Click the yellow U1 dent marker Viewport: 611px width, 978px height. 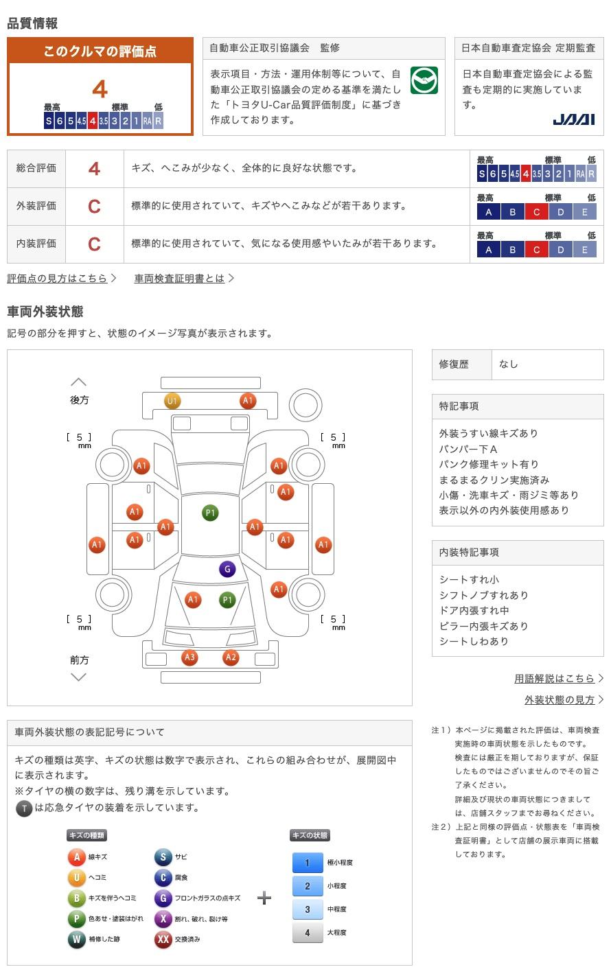coord(172,401)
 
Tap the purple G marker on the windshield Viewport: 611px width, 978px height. coord(227,569)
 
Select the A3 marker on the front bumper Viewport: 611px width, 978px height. coord(189,657)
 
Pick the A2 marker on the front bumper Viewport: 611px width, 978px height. coord(231,657)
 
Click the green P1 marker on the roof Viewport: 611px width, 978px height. coord(210,513)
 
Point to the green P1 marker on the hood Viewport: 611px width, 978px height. coord(227,599)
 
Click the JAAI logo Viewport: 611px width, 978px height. coord(573,119)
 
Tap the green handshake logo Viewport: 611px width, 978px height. coord(424,80)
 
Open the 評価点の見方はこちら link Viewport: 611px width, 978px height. coord(57,278)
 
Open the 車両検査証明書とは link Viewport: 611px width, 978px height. coord(179,278)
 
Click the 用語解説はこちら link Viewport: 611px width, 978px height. coord(554,678)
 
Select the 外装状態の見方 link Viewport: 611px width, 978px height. coord(560,699)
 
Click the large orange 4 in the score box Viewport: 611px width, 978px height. coord(100,89)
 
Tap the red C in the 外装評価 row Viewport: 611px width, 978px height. coord(94,206)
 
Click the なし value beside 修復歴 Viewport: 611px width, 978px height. coord(509,364)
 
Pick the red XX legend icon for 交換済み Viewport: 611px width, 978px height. coord(163,939)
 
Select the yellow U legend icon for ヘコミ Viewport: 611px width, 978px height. coord(76,877)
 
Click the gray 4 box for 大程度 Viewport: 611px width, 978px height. coord(308,932)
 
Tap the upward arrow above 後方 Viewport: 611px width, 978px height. coord(79,382)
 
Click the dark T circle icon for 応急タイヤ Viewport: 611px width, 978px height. coord(24,808)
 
